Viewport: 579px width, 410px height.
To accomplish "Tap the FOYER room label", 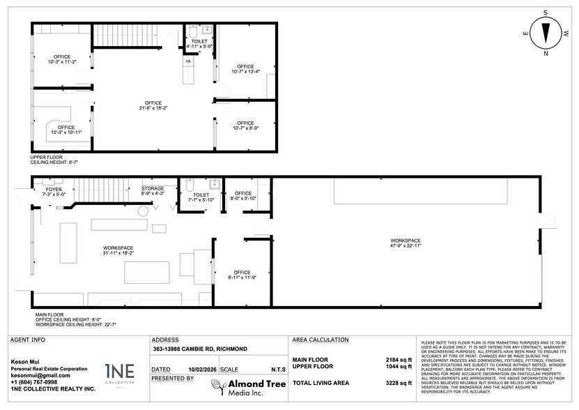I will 54,192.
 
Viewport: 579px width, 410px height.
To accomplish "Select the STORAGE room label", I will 153,190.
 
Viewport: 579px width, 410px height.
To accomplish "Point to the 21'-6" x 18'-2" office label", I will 153,105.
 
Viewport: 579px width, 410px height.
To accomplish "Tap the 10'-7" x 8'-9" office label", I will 245,126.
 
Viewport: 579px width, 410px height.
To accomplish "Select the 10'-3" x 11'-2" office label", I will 62,59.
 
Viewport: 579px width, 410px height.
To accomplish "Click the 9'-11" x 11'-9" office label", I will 242,275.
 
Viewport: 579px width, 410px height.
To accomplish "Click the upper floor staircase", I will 116,34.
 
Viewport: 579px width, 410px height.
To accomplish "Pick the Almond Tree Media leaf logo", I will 218,387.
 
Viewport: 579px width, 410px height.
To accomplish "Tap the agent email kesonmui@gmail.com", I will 40,376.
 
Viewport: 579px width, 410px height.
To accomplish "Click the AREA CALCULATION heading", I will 321,340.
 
